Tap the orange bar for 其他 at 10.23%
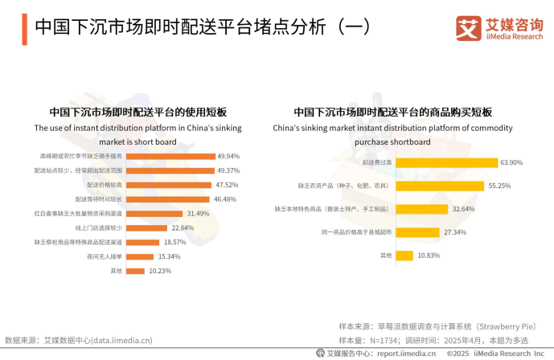136,272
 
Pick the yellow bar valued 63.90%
445,162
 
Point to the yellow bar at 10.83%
403,256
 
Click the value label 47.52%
228,185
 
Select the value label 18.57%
174,242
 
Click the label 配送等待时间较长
98,199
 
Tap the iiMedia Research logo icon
468,29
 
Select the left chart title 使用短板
137,112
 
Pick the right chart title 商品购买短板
392,112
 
